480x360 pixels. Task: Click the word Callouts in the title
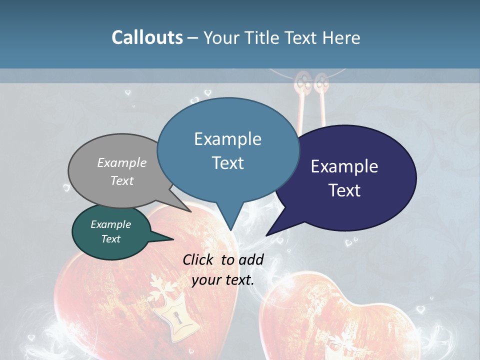[147, 37]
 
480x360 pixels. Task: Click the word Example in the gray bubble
[122, 163]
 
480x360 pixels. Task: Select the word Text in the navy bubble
[344, 190]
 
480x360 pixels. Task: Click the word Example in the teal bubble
[110, 224]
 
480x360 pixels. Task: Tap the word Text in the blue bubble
[228, 163]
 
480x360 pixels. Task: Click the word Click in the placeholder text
[199, 259]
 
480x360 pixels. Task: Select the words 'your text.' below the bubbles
[223, 280]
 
